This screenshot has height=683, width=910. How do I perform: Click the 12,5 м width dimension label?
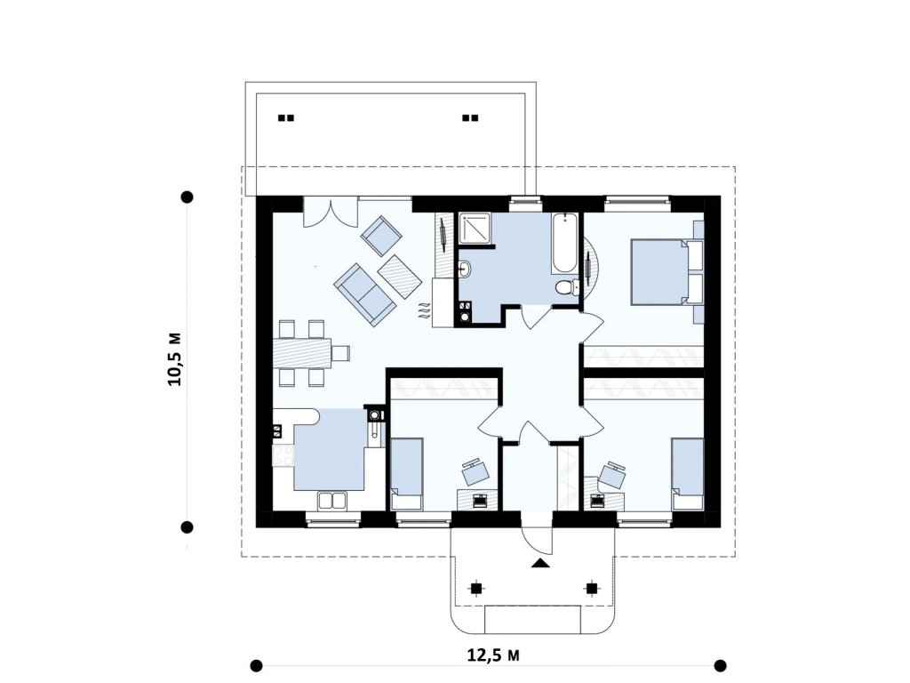tap(492, 655)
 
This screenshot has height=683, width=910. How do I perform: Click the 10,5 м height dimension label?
tap(175, 359)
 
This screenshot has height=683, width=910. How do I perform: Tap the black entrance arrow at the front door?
tap(539, 563)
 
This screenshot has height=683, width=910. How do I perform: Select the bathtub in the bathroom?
tap(564, 244)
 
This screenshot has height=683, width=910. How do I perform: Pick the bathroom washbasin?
tap(466, 269)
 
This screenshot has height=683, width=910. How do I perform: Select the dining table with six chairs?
tap(310, 352)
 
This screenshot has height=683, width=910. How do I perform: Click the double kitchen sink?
tap(332, 500)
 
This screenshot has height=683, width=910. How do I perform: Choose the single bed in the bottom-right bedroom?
tap(687, 474)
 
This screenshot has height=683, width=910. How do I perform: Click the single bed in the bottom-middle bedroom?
tap(406, 474)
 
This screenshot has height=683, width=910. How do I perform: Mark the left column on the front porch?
tap(475, 589)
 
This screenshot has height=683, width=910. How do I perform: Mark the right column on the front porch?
tap(591, 589)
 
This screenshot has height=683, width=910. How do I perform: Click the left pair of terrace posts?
tap(286, 118)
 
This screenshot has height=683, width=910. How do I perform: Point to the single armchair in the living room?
tap(381, 236)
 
